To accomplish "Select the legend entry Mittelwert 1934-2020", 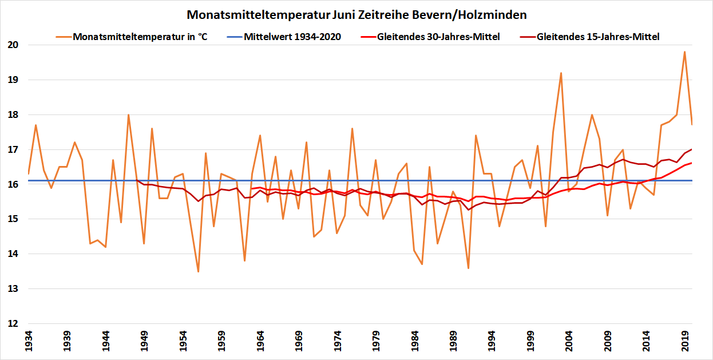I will [292, 37].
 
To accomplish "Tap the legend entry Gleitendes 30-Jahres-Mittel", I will [438, 37].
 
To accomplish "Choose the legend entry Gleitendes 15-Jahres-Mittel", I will [598, 37].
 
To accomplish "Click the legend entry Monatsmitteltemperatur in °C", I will [140, 37].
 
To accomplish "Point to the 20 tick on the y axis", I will [14, 45].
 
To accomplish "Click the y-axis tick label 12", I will [14, 324].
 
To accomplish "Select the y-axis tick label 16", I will [14, 185].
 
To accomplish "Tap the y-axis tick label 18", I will [14, 115].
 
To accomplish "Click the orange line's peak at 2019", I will [684, 52].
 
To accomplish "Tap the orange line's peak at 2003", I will [561, 73].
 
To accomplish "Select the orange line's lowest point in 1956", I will [198, 271].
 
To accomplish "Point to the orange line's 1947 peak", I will [128, 114].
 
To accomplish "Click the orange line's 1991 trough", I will [468, 268].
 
